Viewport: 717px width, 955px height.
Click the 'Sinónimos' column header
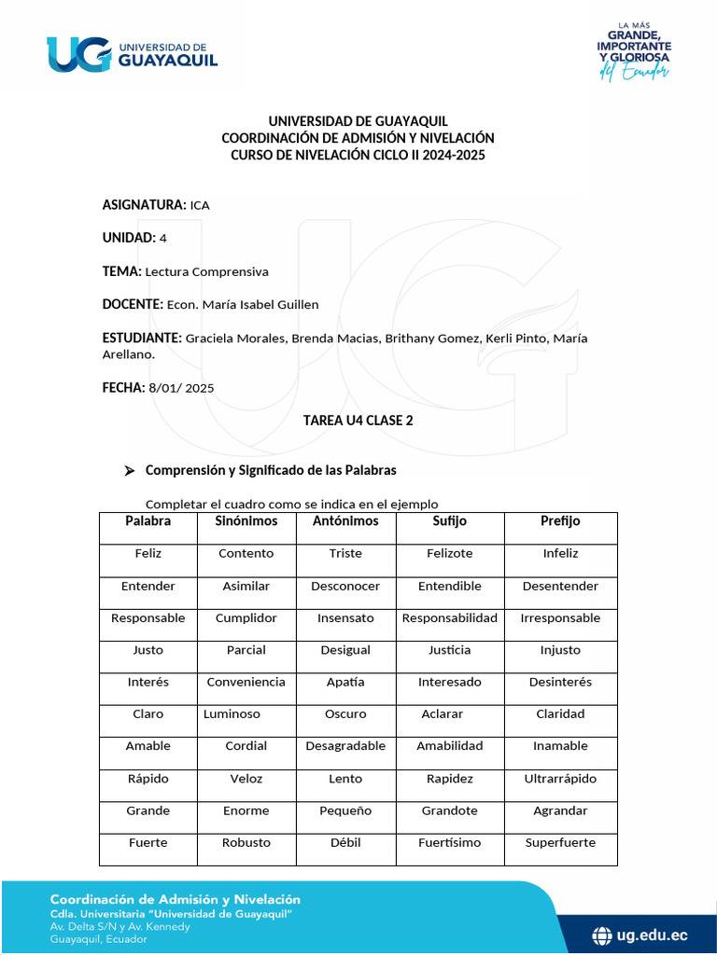tap(246, 521)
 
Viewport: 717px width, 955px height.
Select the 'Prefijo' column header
tap(560, 521)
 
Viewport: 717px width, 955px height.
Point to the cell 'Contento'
tap(246, 554)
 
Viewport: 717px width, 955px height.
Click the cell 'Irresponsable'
tap(560, 618)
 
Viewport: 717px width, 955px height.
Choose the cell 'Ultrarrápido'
tap(560, 779)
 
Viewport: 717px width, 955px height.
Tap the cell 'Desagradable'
tap(345, 746)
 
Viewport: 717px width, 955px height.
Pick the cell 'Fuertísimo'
tap(450, 843)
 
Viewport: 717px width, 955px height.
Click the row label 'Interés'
tap(148, 683)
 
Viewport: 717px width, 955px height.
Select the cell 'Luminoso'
tap(232, 714)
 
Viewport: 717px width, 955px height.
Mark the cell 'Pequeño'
tap(345, 811)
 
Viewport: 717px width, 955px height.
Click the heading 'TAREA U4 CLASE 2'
tap(358, 421)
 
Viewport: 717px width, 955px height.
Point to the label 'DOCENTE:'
tap(133, 304)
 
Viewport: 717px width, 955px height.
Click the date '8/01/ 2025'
tap(181, 388)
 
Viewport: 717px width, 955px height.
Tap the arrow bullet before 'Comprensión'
tap(130, 471)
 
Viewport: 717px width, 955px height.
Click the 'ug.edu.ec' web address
tap(653, 934)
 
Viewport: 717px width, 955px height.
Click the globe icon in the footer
tap(603, 934)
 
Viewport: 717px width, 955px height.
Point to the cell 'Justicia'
tap(450, 650)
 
